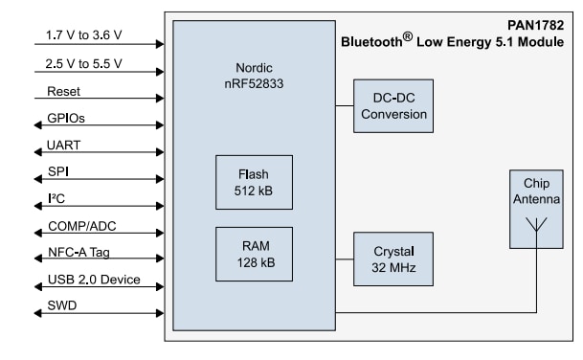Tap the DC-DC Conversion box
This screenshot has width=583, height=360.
pos(390,105)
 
